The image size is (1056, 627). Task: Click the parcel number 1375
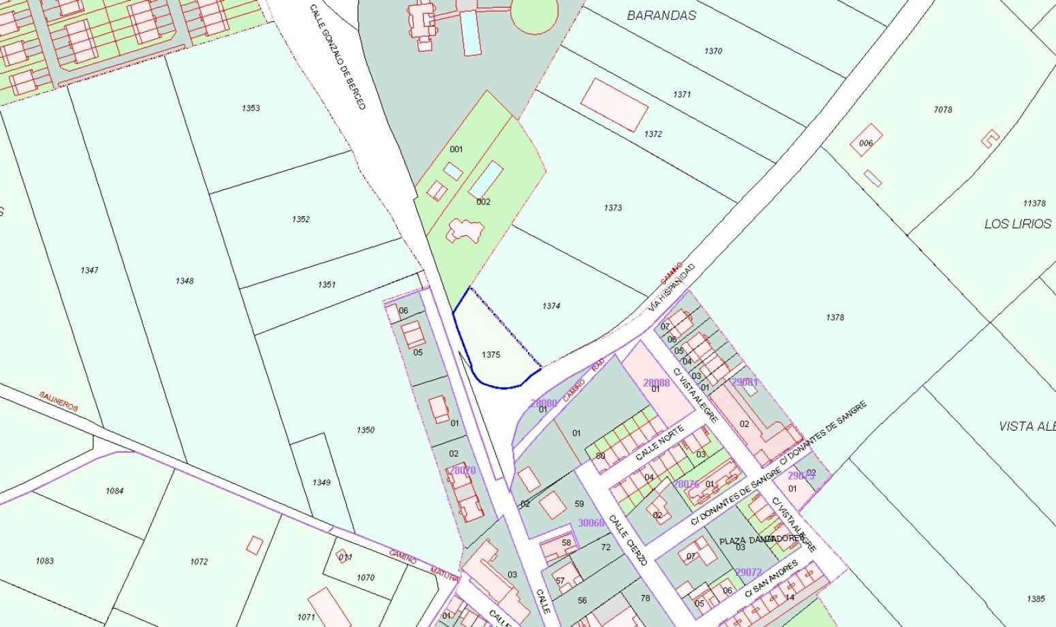coord(491,354)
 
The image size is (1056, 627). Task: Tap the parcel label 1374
coord(551,306)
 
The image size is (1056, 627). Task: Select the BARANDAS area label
coord(662,15)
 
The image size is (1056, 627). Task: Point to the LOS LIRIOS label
coord(1018,224)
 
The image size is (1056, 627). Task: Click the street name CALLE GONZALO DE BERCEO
coord(338,57)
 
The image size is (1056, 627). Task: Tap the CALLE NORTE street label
coord(660,443)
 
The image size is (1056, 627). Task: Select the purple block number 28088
coord(657,382)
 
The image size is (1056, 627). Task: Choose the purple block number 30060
coord(591,523)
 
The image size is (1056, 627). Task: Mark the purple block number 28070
coord(462,470)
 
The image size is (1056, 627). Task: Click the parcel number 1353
coord(251,108)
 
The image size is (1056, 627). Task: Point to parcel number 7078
coord(943,109)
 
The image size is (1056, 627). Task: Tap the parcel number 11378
coord(1034,203)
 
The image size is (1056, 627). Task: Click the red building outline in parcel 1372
coord(614,104)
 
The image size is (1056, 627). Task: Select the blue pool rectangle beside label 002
coord(486,179)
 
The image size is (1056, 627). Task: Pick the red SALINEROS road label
coord(59,401)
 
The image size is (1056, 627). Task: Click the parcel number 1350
coord(365,430)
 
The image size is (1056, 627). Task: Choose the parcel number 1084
coord(114,491)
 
